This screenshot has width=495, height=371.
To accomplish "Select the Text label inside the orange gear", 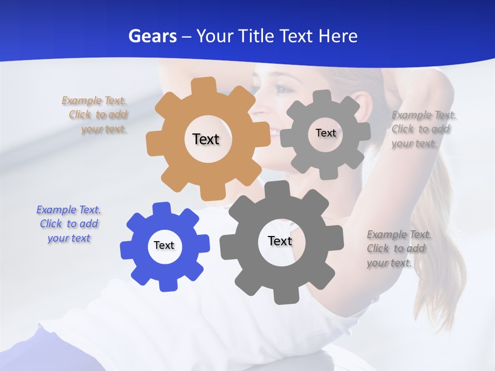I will (x=206, y=139).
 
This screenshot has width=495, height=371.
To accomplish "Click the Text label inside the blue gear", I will (x=164, y=245).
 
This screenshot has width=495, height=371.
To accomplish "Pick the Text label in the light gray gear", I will (x=325, y=133).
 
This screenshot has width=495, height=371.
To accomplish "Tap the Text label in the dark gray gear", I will (x=280, y=241).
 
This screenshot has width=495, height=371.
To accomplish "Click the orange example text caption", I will (x=95, y=115).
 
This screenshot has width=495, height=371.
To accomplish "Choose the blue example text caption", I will (x=69, y=224).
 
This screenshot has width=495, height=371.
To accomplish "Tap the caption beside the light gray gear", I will (x=422, y=129).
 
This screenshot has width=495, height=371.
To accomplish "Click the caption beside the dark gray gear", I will (x=397, y=249).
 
